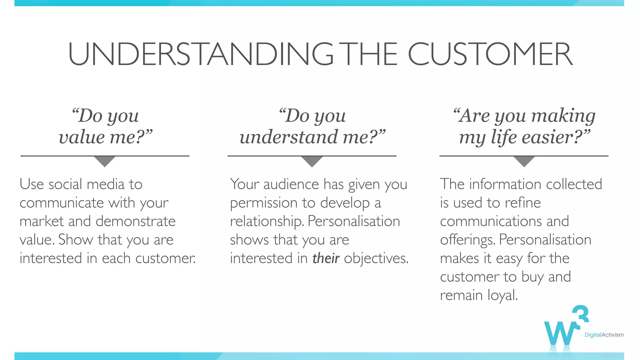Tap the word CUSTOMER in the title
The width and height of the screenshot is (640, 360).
point(490,54)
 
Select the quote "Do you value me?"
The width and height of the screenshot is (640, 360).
point(105,126)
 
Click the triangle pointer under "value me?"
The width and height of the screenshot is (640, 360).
point(105,161)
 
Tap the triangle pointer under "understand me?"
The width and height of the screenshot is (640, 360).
point(312,161)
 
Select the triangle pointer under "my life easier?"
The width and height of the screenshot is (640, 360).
point(524,161)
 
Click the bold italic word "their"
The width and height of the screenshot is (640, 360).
point(326,258)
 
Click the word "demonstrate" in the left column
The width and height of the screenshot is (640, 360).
point(136,221)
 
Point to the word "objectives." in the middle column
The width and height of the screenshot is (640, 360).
point(376,258)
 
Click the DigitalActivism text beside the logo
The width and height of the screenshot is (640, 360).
point(604,335)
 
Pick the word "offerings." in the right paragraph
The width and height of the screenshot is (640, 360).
point(467,240)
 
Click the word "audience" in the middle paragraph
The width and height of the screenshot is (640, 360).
point(291,184)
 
